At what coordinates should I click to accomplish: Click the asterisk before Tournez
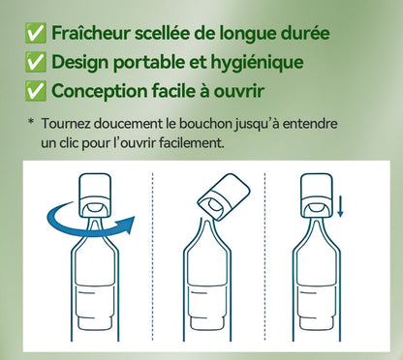[x=31, y=124]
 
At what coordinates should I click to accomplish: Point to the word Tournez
[x=72, y=124]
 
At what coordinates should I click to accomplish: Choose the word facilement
[x=194, y=142]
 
